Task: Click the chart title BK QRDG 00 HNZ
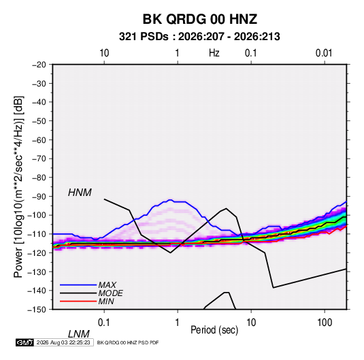click(199, 19)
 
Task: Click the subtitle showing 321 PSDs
click(199, 37)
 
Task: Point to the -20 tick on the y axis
click(39, 65)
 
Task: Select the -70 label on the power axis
click(39, 159)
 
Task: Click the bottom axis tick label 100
click(325, 323)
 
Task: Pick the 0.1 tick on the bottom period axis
click(104, 323)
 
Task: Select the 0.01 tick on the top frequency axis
click(324, 53)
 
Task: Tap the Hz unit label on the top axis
click(214, 53)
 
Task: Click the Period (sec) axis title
click(214, 330)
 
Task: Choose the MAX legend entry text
click(107, 285)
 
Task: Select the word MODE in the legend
click(110, 293)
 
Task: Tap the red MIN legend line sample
click(78, 301)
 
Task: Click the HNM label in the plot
click(80, 193)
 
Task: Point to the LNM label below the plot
click(79, 334)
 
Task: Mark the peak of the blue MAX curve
click(170, 200)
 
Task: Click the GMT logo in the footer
click(25, 342)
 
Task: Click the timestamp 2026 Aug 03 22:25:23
click(63, 342)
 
